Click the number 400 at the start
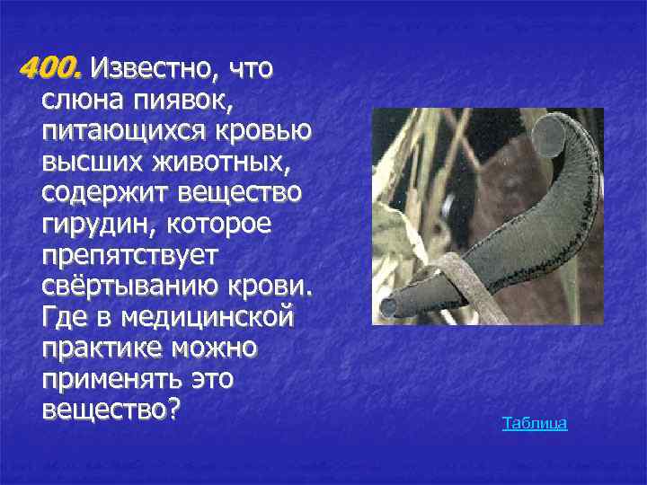tap(52, 67)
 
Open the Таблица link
tap(535, 423)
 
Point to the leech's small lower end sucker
tap(389, 307)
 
